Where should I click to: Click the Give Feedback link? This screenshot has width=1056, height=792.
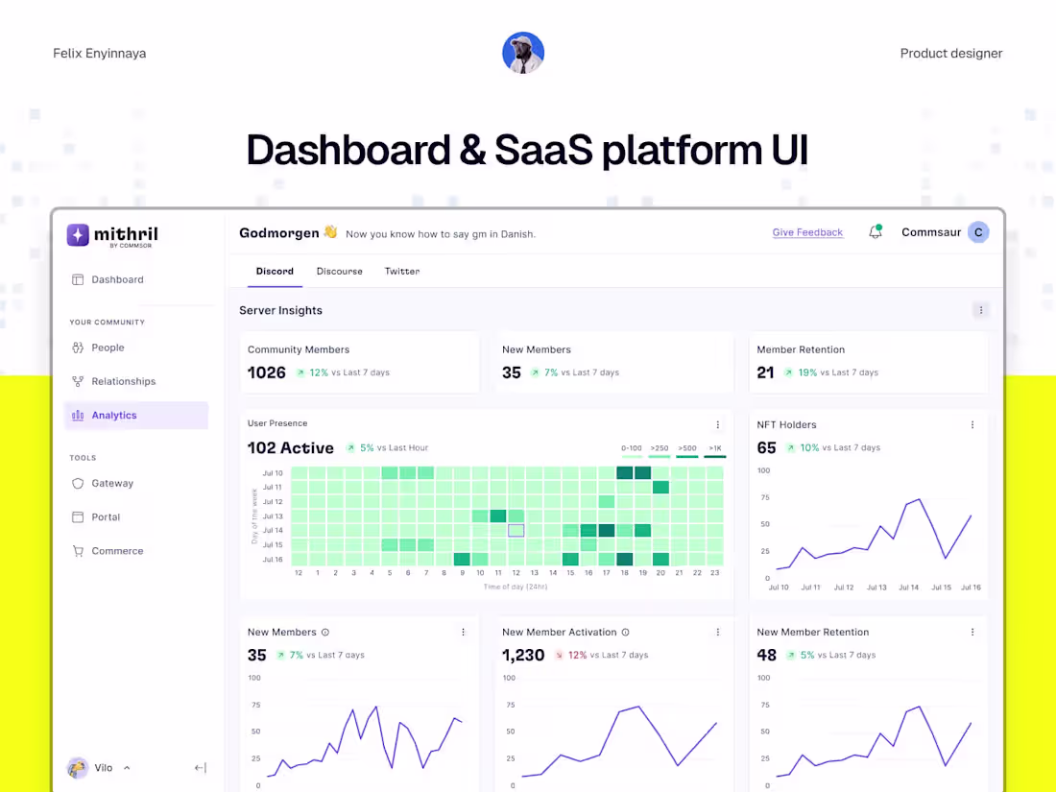coord(807,232)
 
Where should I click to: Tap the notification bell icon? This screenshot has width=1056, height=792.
coord(875,232)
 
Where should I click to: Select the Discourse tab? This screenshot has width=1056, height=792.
coord(339,271)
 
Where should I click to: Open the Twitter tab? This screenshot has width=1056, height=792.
coord(401,271)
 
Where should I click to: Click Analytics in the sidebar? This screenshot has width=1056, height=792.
coord(114,416)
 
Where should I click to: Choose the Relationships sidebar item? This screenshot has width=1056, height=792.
coord(123,381)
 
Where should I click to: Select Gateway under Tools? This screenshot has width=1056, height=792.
coord(112,483)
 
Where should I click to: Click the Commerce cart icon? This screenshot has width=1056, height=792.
coord(78,551)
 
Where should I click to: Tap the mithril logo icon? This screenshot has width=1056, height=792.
coord(78,234)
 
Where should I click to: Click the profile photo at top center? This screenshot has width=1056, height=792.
coord(523,53)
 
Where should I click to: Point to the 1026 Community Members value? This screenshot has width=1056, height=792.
coord(267,372)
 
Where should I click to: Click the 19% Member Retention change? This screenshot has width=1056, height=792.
coord(807,372)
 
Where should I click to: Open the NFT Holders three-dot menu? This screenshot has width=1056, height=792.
coord(972,424)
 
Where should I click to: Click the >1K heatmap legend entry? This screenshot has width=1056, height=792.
coord(715,448)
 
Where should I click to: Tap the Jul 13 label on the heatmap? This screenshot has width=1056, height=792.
coord(273,516)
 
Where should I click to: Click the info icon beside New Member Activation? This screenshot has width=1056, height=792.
coord(625,633)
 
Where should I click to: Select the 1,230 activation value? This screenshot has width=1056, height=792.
coord(523,655)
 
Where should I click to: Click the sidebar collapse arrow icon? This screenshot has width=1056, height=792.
coord(200,768)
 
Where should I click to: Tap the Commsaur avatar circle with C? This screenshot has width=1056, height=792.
coord(977,232)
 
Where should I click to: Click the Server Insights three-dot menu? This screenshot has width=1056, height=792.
coord(979,310)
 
